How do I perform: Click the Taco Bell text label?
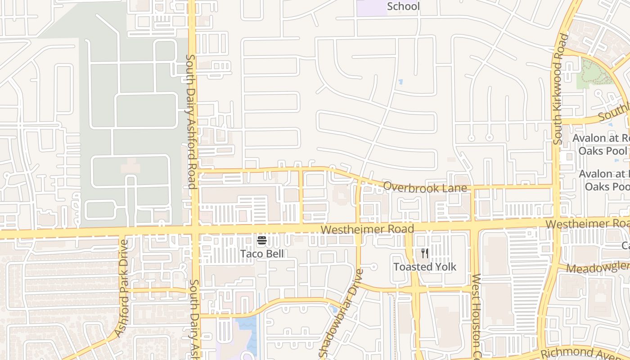pyautogui.click(x=262, y=254)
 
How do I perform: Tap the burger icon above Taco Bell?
pyautogui.click(x=262, y=240)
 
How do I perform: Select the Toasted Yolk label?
pyautogui.click(x=425, y=267)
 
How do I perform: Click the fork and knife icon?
pyautogui.click(x=425, y=254)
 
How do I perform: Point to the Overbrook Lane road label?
pyautogui.click(x=425, y=187)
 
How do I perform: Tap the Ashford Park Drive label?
pyautogui.click(x=122, y=288)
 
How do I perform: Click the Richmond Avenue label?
pyautogui.click(x=585, y=352)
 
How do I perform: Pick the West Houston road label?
pyautogui.click(x=476, y=315)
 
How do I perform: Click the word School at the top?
pyautogui.click(x=403, y=6)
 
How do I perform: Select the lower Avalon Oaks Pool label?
pyautogui.click(x=605, y=180)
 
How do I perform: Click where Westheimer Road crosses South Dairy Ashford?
pyautogui.click(x=194, y=230)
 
